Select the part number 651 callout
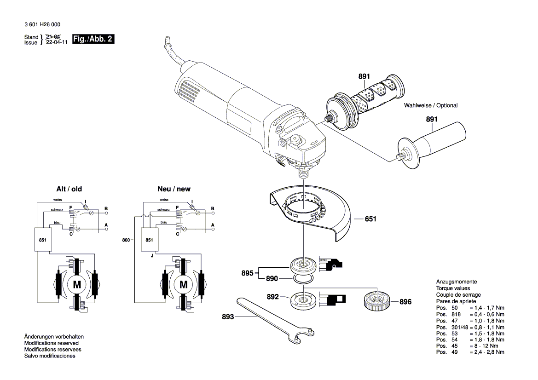(370, 219)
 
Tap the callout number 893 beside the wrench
(228, 317)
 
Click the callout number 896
(405, 302)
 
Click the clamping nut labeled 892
(303, 300)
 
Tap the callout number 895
(247, 273)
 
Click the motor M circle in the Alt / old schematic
(77, 285)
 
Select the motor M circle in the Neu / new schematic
(183, 285)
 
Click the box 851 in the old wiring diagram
(42, 240)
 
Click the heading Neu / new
(174, 189)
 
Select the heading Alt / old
(69, 189)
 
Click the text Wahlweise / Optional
(431, 106)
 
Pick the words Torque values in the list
(453, 288)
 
